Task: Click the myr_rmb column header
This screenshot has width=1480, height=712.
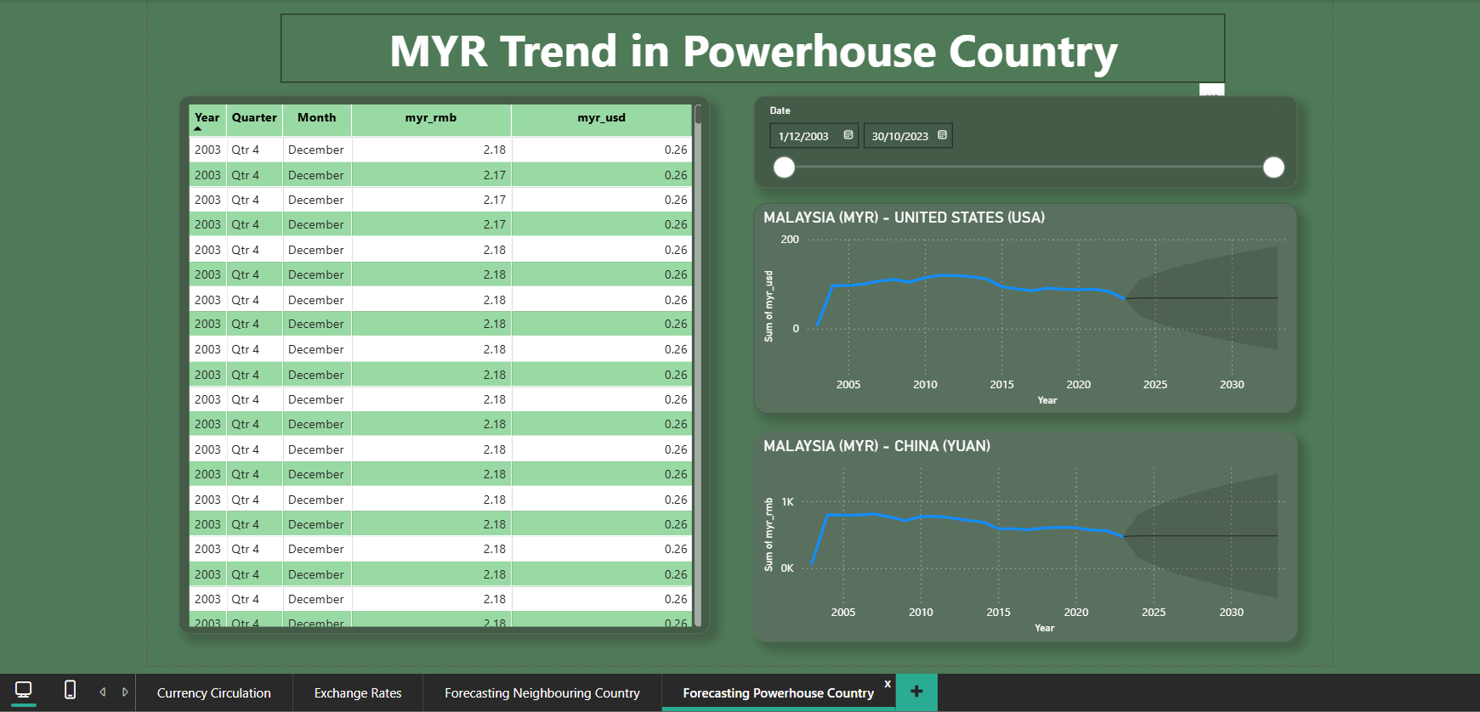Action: point(431,118)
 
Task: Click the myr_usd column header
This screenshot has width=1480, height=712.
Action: point(601,118)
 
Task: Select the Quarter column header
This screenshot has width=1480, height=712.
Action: point(254,118)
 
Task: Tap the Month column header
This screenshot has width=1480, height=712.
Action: point(316,118)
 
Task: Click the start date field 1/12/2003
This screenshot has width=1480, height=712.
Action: point(804,136)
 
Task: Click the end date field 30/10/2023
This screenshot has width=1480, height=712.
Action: point(900,136)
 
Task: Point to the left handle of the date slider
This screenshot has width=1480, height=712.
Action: point(784,167)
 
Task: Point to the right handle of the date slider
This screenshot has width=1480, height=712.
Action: point(1273,167)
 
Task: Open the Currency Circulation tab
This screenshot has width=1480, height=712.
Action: point(214,693)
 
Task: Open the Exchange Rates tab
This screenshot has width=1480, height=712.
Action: point(358,693)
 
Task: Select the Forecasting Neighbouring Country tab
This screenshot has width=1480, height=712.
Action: point(542,693)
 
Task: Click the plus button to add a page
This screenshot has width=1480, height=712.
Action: point(916,692)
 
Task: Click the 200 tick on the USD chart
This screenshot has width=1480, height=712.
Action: point(790,240)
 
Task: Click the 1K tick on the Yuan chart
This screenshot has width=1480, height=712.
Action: point(787,502)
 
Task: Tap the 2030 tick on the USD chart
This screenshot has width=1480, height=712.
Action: point(1232,385)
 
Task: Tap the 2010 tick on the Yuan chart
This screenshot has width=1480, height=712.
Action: point(921,613)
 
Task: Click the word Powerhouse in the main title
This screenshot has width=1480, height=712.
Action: point(808,52)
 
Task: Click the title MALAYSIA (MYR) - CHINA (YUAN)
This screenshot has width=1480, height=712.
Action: point(876,446)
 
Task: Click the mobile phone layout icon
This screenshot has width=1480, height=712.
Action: point(71,690)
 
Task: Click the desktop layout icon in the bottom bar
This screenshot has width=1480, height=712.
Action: point(24,690)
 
